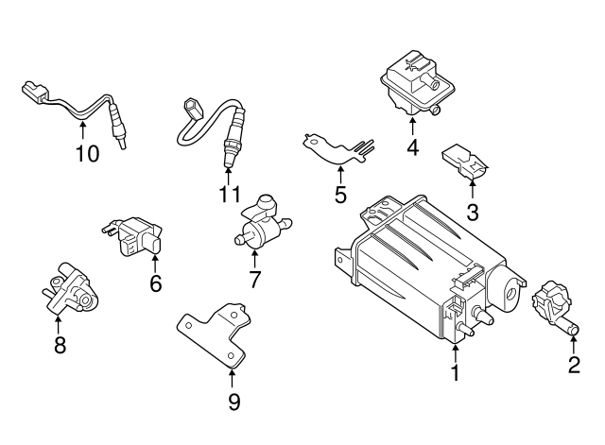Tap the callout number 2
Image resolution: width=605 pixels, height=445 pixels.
pyautogui.click(x=574, y=366)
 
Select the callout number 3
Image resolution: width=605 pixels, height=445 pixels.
pyautogui.click(x=472, y=213)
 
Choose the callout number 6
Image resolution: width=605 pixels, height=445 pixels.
pyautogui.click(x=156, y=282)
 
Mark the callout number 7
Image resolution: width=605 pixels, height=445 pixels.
pyautogui.click(x=253, y=280)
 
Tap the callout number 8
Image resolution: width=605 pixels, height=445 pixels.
pyautogui.click(x=60, y=345)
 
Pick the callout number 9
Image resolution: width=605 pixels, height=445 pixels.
pyautogui.click(x=233, y=402)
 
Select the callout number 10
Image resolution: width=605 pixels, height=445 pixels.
pyautogui.click(x=87, y=153)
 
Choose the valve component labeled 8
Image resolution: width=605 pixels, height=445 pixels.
pyautogui.click(x=65, y=287)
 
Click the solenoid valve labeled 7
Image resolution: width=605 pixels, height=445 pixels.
pyautogui.click(x=260, y=223)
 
